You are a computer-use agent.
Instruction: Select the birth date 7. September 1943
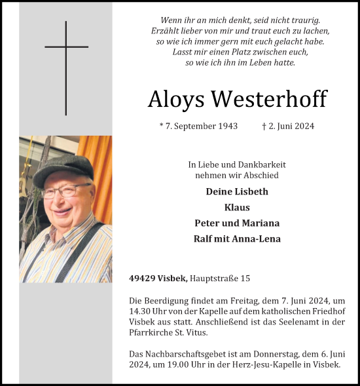click(x=198, y=126)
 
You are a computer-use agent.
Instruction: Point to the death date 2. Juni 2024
click(x=287, y=126)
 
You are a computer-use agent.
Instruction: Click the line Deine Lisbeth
click(x=237, y=191)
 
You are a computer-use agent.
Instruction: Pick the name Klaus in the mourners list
click(x=237, y=207)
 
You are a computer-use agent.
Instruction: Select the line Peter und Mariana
click(x=237, y=223)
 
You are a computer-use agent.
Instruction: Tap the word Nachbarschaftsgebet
click(x=184, y=354)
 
